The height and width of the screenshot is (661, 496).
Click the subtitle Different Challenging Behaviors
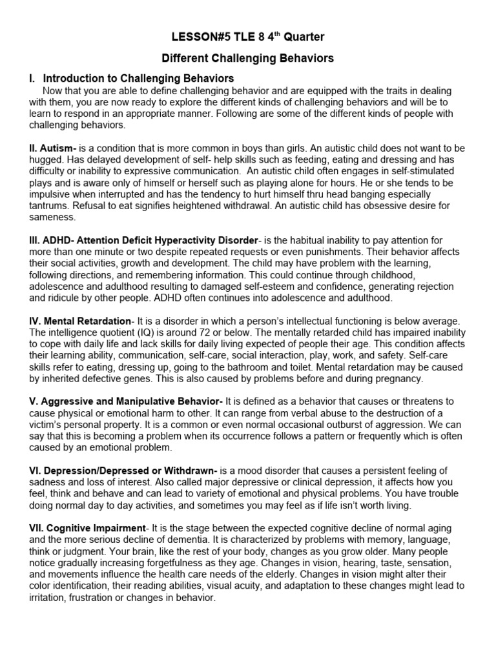pos(247,58)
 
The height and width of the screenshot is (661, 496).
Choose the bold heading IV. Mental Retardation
pos(79,321)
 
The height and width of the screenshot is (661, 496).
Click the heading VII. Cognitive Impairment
pos(87,528)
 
